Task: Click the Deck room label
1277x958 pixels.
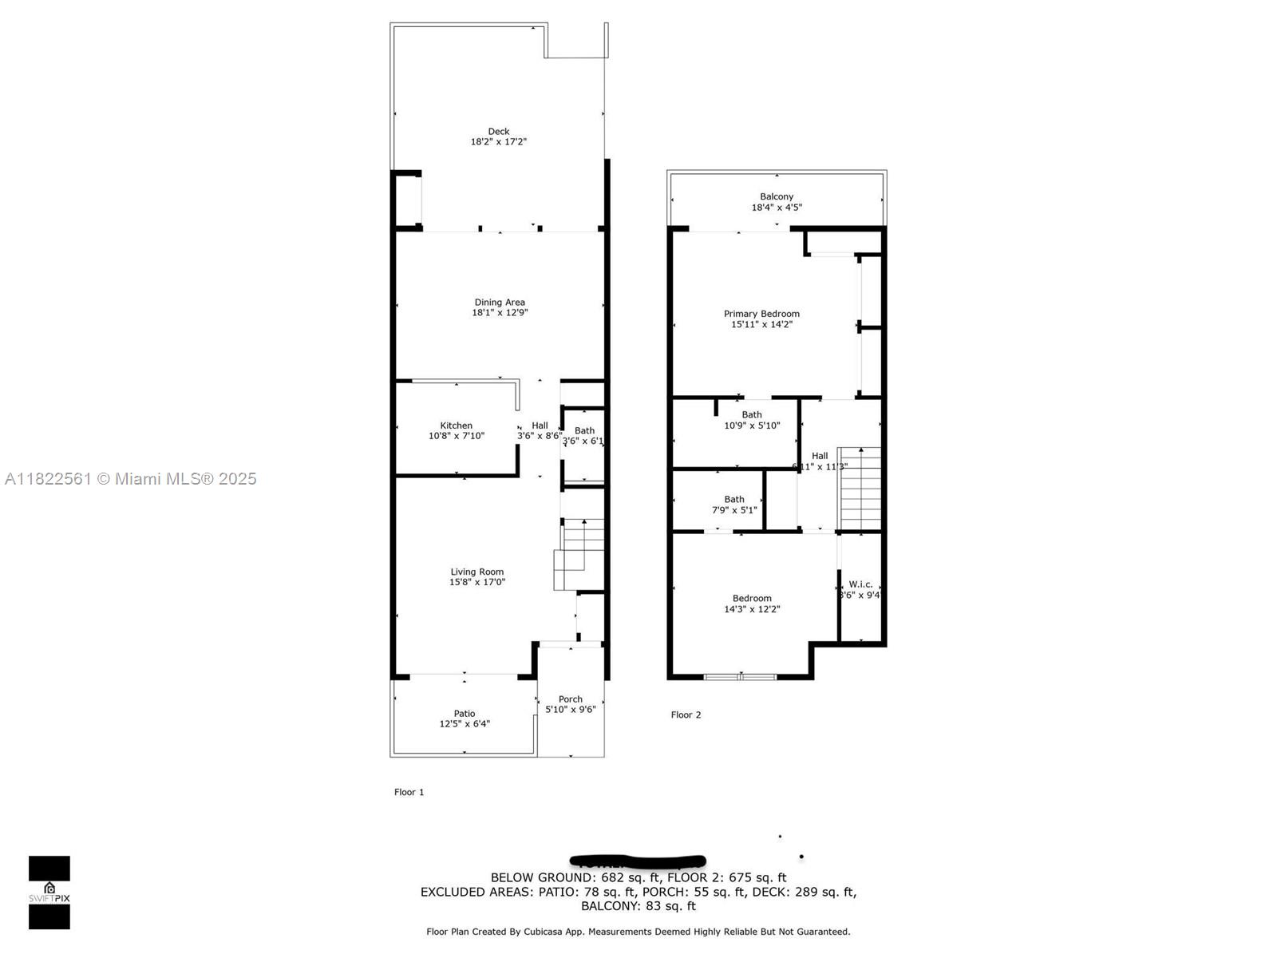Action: point(499,132)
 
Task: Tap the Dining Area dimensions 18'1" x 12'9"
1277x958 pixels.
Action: point(500,313)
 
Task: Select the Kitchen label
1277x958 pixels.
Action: point(457,426)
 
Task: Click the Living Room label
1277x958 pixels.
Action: point(477,572)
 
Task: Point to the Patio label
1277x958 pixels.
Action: point(465,714)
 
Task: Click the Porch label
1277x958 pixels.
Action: point(571,699)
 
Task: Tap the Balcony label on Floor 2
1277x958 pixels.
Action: point(777,196)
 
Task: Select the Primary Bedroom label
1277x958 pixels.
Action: point(761,314)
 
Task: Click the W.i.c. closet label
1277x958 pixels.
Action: point(860,584)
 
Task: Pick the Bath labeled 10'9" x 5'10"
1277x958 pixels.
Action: point(752,420)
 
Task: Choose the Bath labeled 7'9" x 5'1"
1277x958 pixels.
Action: point(734,505)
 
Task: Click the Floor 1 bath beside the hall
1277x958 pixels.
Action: point(584,436)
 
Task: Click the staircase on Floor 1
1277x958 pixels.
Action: point(581,551)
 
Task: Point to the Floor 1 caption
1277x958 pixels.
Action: point(409,792)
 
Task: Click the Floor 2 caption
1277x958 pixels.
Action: point(686,715)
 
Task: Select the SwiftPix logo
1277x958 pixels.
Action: point(49,893)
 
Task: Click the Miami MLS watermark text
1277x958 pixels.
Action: point(131,479)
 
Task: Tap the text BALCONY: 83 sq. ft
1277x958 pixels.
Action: point(638,906)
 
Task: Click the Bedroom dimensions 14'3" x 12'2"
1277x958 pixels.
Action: point(752,609)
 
